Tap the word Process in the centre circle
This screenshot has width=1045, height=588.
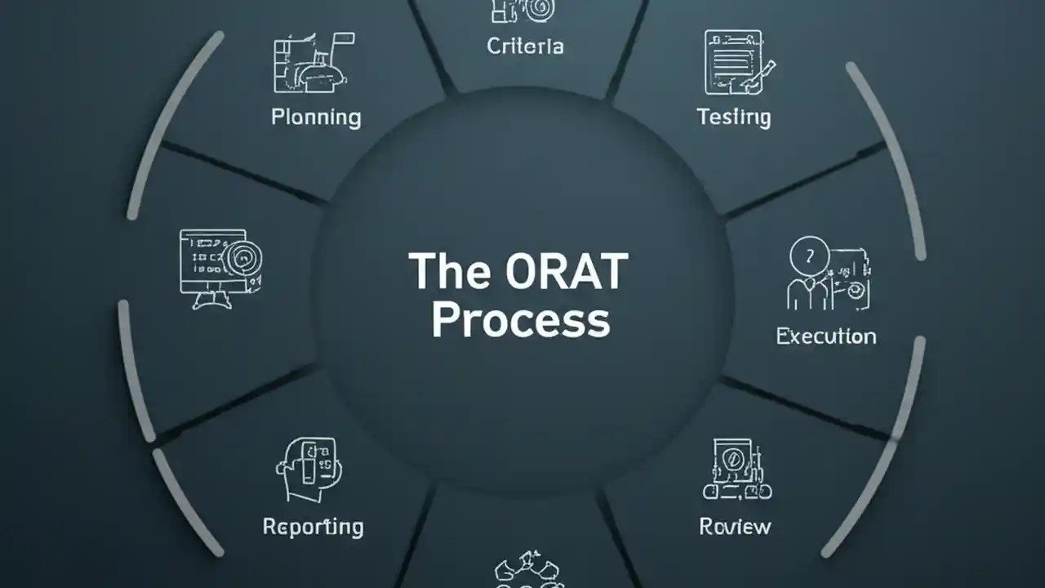coord(520,320)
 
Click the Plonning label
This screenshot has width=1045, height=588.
coord(316,117)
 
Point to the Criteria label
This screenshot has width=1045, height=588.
coord(525,47)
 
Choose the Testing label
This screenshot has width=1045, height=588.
coord(734,117)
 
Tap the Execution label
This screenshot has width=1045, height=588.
coord(825,336)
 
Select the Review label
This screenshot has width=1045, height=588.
coord(735,527)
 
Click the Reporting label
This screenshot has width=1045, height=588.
coord(313,527)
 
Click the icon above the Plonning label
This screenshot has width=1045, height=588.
coord(313,63)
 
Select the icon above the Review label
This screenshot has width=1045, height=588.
coord(736,470)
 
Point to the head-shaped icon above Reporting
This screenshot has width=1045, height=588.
coord(306,470)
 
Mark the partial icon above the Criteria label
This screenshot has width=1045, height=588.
coord(522,11)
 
